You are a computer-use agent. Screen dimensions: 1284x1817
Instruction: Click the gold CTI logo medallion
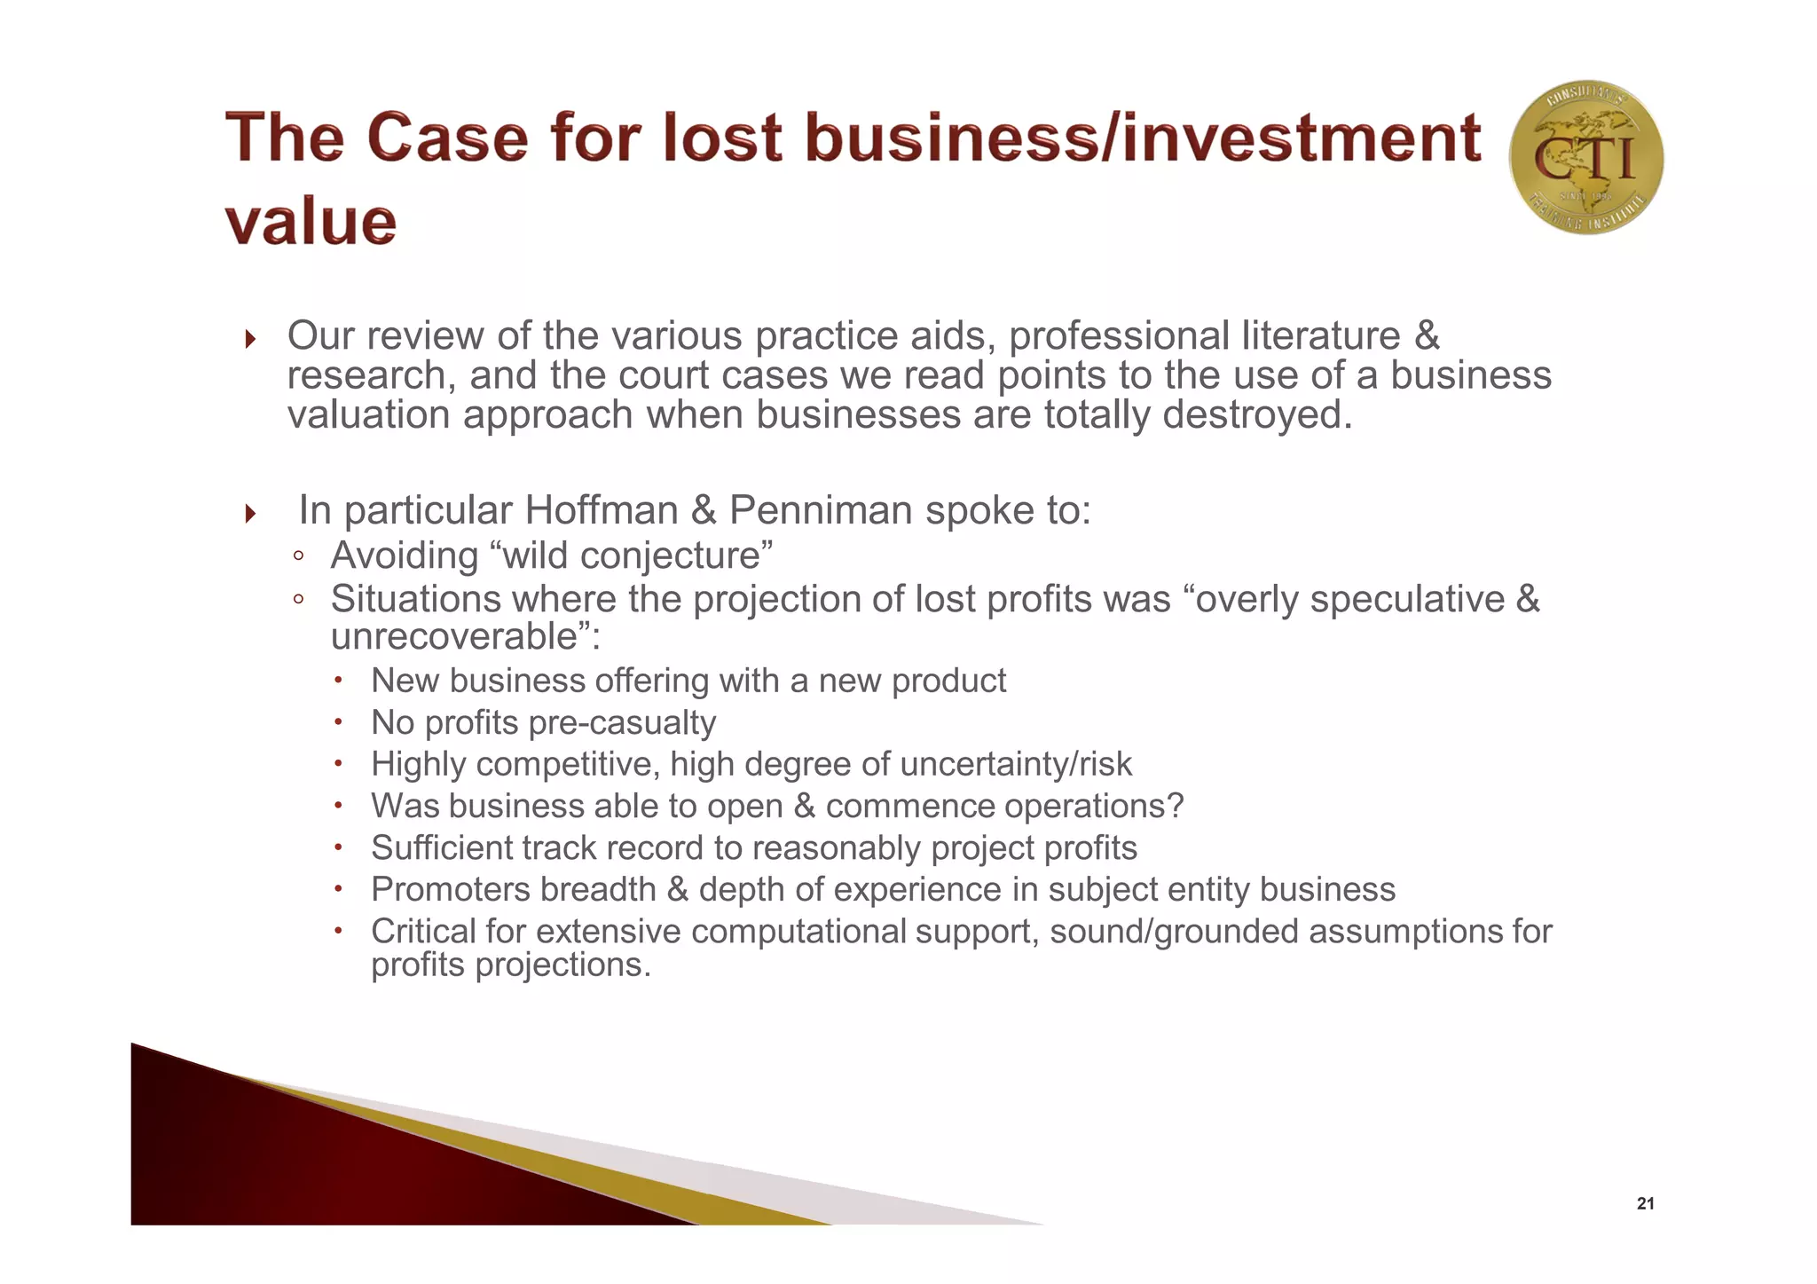click(1586, 158)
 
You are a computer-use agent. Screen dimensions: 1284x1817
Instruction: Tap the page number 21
click(1646, 1204)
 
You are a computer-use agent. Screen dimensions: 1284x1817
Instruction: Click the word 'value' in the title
click(311, 222)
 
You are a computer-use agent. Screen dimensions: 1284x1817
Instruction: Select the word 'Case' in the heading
click(447, 138)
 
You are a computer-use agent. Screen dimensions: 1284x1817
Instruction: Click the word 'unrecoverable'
click(455, 636)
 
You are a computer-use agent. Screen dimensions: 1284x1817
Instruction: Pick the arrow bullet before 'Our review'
click(250, 339)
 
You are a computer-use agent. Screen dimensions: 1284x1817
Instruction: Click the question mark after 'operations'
click(1176, 807)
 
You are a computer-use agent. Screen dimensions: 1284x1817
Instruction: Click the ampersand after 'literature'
click(1427, 336)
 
